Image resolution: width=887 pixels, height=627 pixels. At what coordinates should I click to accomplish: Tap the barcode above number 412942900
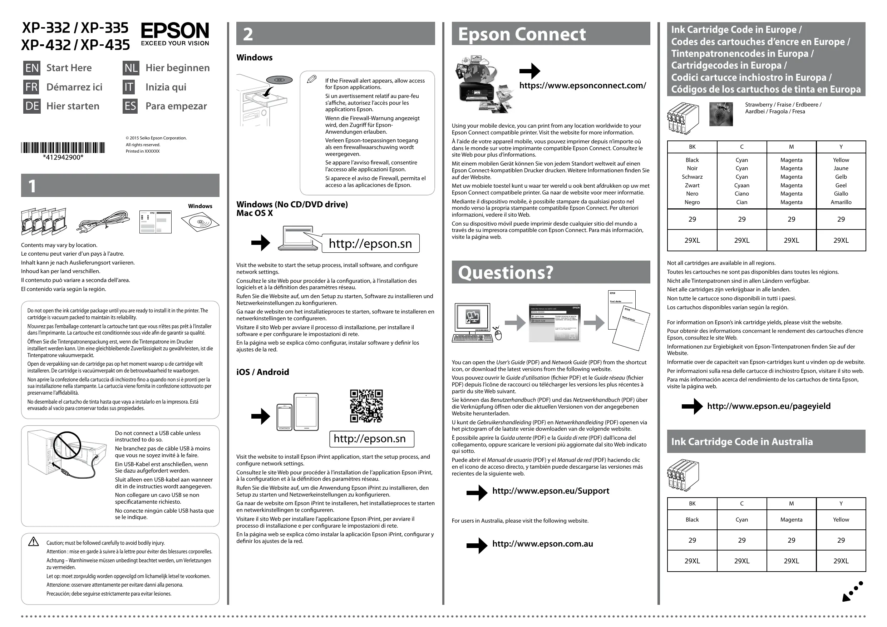[x=63, y=148]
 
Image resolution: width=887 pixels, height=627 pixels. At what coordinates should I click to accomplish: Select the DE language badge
[x=32, y=106]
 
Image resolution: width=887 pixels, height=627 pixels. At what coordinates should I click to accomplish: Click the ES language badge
[x=130, y=106]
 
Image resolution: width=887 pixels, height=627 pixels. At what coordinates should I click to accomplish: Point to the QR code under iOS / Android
[x=366, y=406]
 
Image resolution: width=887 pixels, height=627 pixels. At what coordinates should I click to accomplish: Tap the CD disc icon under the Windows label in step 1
[x=200, y=222]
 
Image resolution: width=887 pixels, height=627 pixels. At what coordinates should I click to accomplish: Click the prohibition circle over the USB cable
[x=66, y=445]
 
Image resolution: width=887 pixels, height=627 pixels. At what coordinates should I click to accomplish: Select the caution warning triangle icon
[x=34, y=542]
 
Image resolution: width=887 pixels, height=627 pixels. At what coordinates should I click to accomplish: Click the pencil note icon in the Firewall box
[x=311, y=79]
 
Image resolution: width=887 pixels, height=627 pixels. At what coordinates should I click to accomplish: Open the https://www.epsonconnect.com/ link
[x=582, y=85]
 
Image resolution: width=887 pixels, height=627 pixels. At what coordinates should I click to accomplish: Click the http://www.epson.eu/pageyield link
[x=768, y=406]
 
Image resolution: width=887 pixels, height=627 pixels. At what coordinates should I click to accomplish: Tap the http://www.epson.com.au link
[x=542, y=544]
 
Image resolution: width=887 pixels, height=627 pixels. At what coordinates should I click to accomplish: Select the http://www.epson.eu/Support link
[x=551, y=491]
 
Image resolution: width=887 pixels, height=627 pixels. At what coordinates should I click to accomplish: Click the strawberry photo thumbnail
[x=721, y=114]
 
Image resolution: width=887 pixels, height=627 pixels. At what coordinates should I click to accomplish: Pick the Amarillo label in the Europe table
[x=841, y=202]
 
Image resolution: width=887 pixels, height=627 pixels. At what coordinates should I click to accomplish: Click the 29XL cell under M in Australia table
[x=791, y=561]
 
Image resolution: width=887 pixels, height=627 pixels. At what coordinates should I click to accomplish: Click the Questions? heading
[x=506, y=272]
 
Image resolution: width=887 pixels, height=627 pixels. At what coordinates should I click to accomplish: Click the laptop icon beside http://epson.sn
[x=298, y=238]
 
